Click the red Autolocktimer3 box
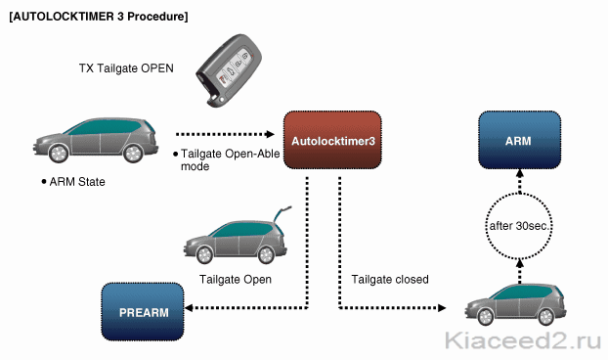point(332,140)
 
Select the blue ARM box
point(519,140)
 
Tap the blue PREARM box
point(143,312)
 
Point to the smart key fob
point(229,69)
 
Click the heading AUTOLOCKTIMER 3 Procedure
point(99,17)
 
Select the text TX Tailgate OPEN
point(126,68)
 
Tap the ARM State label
point(77,182)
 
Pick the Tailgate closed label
point(390,280)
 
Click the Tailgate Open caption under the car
point(236,280)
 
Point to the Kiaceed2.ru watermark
point(523,341)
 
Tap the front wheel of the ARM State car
point(59,153)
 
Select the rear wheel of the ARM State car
point(133,153)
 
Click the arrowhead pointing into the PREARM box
point(189,308)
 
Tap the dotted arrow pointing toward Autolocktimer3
point(225,134)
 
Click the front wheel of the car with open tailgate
point(204,255)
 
